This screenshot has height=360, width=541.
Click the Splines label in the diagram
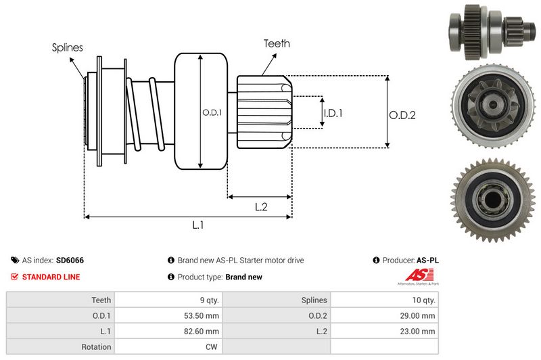point(67,47)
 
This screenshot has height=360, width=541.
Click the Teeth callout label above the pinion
point(277,43)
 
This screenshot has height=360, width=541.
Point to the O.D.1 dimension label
point(212,112)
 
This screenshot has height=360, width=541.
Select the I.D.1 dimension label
point(333,113)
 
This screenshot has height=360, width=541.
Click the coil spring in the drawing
point(145,112)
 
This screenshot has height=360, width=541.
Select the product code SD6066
point(70,260)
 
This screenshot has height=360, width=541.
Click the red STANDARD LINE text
point(51,277)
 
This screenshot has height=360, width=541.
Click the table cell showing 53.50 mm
point(202,315)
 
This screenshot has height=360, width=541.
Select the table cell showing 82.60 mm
point(202,331)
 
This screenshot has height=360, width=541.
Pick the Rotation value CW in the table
point(211,346)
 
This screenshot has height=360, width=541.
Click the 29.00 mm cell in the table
point(419,315)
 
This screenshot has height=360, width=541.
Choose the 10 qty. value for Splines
point(423,300)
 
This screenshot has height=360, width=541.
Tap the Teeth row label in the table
point(101,300)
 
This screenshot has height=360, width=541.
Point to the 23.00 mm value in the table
point(419,331)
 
